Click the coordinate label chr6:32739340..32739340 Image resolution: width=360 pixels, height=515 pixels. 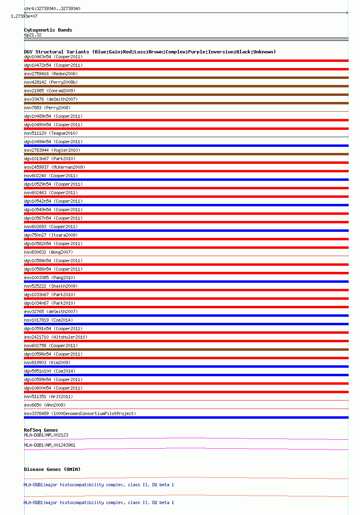pos(52,8)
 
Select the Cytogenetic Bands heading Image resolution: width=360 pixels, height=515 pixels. pos(48,30)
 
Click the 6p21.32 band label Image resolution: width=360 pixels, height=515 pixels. pos(33,35)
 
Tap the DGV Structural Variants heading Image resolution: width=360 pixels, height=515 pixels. pos(150,52)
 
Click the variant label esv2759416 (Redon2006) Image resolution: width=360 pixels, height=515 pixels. pos(51,74)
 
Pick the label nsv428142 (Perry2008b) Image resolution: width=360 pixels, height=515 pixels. pos(51,82)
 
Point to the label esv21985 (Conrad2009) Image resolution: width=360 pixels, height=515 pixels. pos(50,91)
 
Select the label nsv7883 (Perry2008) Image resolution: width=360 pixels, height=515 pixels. pos(47,108)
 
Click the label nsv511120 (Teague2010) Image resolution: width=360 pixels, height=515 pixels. pos(51,133)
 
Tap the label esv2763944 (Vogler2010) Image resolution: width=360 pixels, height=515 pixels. pos(52,150)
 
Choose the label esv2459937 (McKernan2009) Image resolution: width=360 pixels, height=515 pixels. pos(55,167)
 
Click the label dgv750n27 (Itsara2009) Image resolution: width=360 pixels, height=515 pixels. pos(51,235)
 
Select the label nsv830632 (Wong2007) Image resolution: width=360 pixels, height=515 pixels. pos(49,252)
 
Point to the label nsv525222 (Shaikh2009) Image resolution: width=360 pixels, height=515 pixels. pos(51,286)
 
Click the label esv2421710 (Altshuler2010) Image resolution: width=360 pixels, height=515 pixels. pos(56,337)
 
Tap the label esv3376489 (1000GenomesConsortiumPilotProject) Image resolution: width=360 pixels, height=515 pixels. pos(80,413)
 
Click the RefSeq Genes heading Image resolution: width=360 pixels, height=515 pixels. pos(41,430)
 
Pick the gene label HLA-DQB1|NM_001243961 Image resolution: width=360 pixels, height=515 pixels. pos(50,445)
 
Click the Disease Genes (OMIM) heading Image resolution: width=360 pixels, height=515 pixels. pos(52,469)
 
